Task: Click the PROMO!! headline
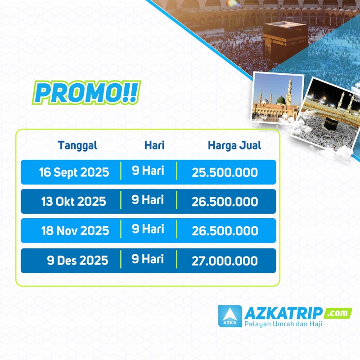(86, 92)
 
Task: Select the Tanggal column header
(77, 146)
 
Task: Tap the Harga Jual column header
(234, 145)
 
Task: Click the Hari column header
(154, 145)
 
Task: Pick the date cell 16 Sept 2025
(74, 172)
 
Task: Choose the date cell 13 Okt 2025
(73, 202)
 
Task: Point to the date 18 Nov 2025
(75, 231)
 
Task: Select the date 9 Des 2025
(77, 261)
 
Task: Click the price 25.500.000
(225, 173)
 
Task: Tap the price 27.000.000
(225, 261)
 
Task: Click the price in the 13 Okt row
(225, 202)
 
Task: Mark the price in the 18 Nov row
(225, 231)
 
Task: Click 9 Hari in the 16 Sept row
(148, 171)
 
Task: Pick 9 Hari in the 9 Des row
(148, 259)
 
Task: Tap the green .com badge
(337, 313)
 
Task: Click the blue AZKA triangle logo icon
(230, 316)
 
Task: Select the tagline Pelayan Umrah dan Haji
(283, 324)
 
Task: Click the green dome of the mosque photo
(280, 100)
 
